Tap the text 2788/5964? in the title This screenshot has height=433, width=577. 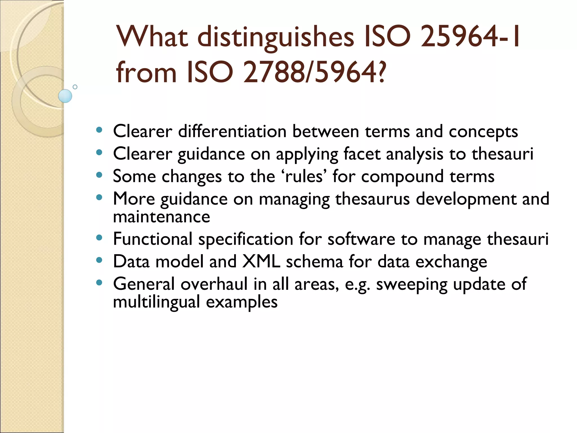pyautogui.click(x=314, y=73)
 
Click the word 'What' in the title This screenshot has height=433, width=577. pyautogui.click(x=152, y=37)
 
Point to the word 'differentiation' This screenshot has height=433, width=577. pyautogui.click(x=232, y=131)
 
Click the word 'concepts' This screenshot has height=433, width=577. pyautogui.click(x=483, y=132)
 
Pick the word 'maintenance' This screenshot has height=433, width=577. pyautogui.click(x=161, y=217)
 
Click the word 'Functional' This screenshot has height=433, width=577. pyautogui.click(x=153, y=239)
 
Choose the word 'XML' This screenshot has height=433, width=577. pyautogui.click(x=261, y=261)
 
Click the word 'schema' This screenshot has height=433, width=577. pyautogui.click(x=314, y=262)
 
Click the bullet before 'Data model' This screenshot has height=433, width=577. pyautogui.click(x=99, y=260)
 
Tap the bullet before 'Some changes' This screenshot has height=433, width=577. pyautogui.click(x=99, y=175)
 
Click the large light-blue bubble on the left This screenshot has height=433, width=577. pyautogui.click(x=65, y=96)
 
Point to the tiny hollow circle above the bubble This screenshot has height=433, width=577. pyautogui.click(x=75, y=87)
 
